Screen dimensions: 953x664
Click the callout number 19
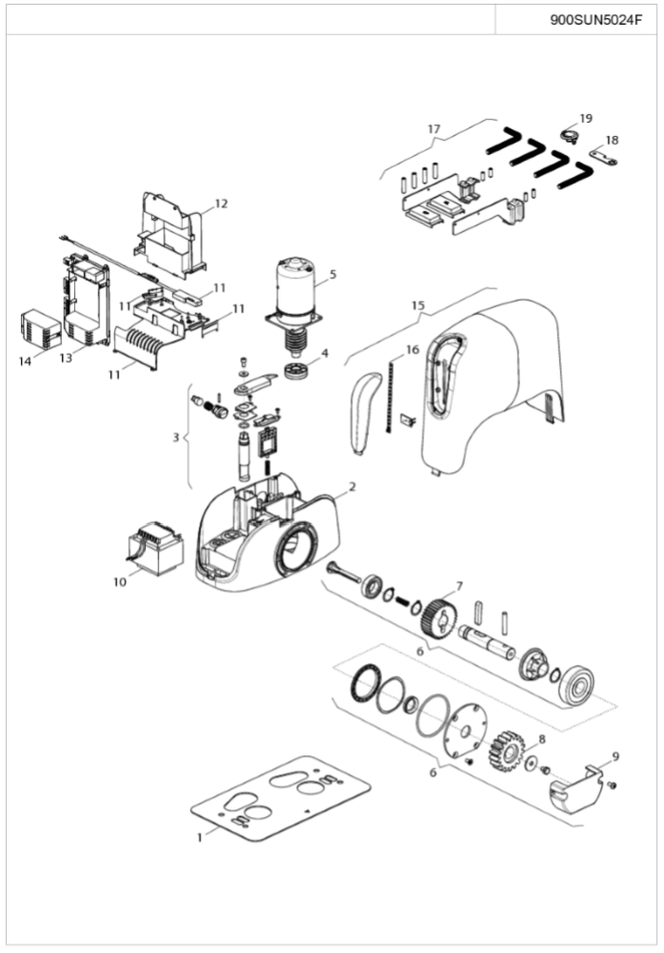585,119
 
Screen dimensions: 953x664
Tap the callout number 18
611,140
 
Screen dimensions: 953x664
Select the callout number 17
434,128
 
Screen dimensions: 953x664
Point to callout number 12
221,204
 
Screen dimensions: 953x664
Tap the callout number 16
411,350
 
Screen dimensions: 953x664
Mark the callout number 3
175,438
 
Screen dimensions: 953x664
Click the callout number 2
351,487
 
